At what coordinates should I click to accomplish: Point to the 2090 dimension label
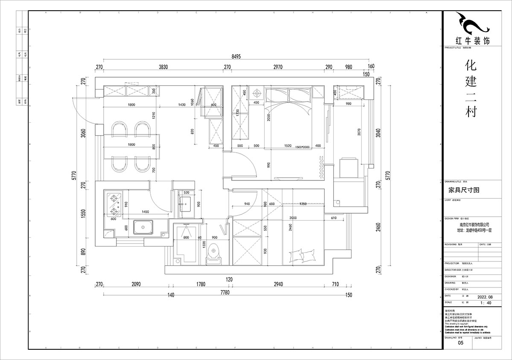[x=136, y=284]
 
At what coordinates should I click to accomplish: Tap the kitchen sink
[x=143, y=227]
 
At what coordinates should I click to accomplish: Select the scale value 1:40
[x=485, y=303]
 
